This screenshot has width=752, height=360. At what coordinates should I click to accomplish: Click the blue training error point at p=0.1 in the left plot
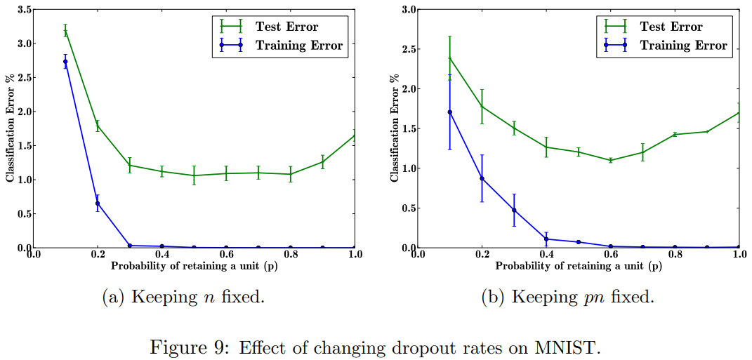click(65, 62)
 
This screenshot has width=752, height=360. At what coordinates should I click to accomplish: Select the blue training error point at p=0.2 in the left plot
click(98, 204)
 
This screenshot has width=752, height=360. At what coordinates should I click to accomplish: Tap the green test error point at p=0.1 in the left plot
click(65, 31)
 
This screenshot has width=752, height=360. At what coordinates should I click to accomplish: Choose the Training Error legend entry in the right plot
click(683, 46)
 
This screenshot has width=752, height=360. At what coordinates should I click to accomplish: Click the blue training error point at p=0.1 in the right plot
click(450, 112)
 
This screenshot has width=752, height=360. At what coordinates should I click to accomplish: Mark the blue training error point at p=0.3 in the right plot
click(515, 210)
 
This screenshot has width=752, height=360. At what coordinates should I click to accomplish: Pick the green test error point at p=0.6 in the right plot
click(611, 160)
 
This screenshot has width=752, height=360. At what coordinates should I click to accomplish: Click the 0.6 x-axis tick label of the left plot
click(226, 255)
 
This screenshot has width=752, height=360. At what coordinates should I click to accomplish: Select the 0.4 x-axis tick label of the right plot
click(546, 255)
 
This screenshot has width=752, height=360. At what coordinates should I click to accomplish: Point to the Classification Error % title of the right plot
click(394, 128)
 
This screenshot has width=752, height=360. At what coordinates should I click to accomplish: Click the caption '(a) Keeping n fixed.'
click(184, 297)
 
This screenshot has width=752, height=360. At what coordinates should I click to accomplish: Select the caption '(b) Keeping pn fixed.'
click(567, 297)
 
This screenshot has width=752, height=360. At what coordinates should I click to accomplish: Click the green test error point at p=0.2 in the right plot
click(482, 107)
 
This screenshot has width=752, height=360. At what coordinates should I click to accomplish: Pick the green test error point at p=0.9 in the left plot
click(323, 161)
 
